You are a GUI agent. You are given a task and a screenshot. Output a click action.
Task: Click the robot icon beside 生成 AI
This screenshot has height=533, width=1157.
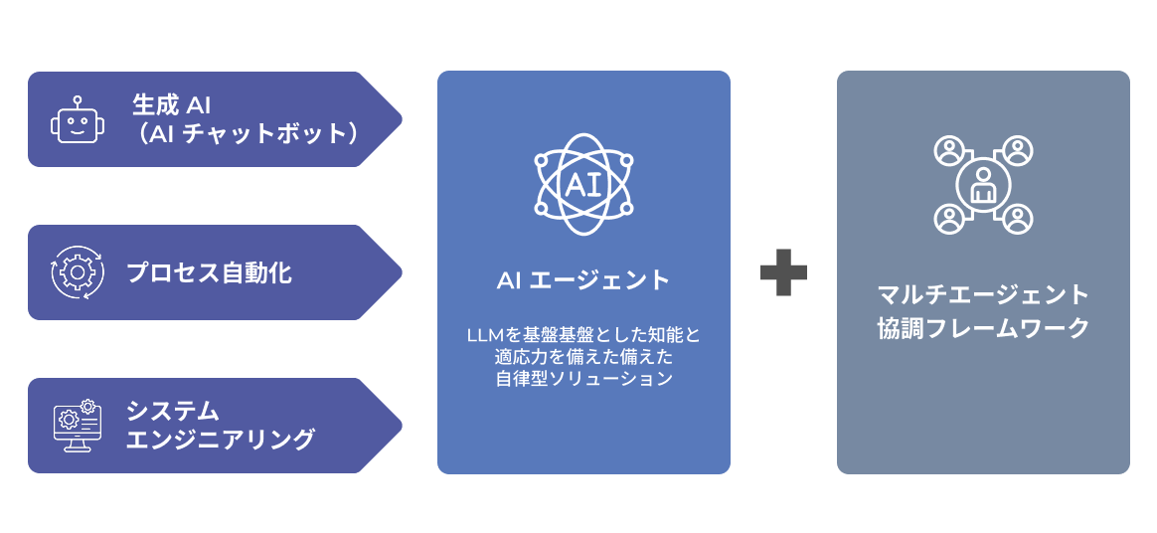click(x=77, y=119)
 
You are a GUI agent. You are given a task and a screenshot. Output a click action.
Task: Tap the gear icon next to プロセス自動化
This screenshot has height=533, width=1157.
click(x=77, y=271)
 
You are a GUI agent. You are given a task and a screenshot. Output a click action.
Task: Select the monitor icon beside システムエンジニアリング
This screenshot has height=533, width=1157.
click(x=77, y=426)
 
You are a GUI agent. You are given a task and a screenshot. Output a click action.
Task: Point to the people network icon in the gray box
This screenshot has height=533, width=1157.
click(x=983, y=186)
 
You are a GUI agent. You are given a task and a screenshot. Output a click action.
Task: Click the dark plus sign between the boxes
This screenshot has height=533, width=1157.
click(x=783, y=271)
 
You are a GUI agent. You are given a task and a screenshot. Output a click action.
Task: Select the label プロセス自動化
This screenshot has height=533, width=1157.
click(x=209, y=272)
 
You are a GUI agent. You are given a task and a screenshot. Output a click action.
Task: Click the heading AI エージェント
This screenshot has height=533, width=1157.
click(x=583, y=280)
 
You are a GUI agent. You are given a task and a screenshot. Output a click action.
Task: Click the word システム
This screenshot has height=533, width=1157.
click(x=172, y=410)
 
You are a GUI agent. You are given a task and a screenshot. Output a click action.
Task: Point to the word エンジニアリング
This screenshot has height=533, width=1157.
click(x=220, y=439)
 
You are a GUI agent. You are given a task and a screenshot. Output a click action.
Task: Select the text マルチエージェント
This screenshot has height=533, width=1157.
click(x=983, y=295)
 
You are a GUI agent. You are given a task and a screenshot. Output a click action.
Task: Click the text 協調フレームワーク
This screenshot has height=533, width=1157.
click(x=983, y=328)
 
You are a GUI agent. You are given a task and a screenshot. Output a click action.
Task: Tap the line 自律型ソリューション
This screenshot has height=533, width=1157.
click(x=583, y=379)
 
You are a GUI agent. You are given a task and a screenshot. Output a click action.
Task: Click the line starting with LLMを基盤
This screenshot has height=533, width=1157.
click(x=583, y=334)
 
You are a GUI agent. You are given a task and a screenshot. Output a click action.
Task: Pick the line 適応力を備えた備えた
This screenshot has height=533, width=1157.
click(x=583, y=356)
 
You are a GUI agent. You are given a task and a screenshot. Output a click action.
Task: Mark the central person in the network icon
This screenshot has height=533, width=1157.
click(x=983, y=186)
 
